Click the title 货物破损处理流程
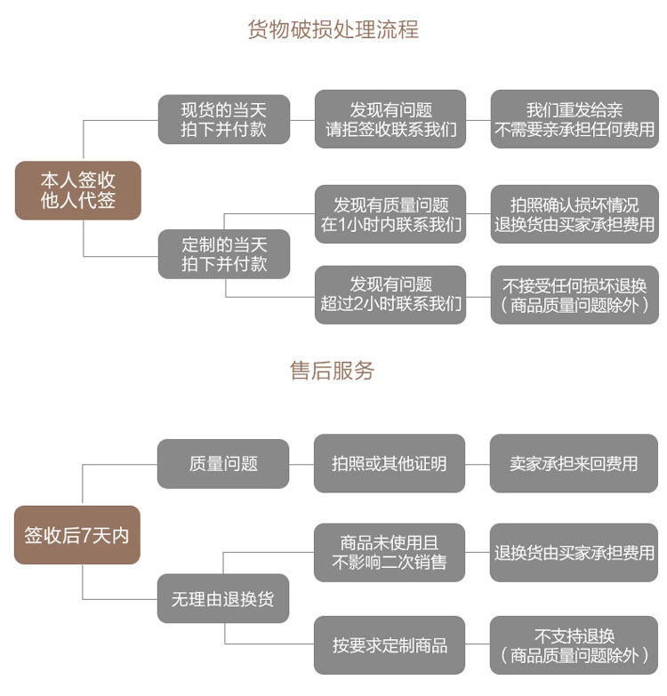tap(333, 29)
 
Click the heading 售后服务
tap(333, 370)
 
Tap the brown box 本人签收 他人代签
tap(78, 190)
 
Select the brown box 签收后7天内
tap(77, 535)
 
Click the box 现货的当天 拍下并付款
tap(224, 119)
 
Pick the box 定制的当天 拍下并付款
tap(224, 254)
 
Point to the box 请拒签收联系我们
tap(390, 119)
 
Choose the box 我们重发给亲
tap(575, 119)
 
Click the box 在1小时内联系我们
tap(390, 214)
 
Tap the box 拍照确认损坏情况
tap(575, 214)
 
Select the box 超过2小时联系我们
tap(390, 295)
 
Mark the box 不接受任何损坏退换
tap(575, 295)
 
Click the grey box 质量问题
tap(223, 464)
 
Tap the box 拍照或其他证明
tap(390, 463)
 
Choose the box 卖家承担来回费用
tap(574, 463)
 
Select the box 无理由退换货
tap(223, 598)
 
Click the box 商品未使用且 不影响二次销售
tap(390, 553)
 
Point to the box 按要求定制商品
tap(390, 645)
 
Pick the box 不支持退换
tap(574, 645)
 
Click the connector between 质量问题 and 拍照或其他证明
tap(301, 464)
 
